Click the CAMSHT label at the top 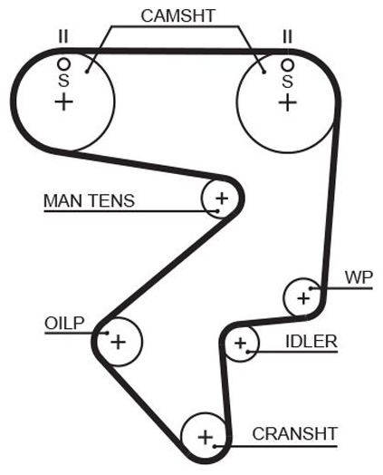tap(177, 15)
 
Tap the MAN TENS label tap(89, 200)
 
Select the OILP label tap(64, 324)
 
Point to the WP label tap(359, 277)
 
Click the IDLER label tap(311, 342)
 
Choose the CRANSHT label tap(294, 434)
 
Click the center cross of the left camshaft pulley tap(63, 102)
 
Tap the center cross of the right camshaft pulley tap(287, 102)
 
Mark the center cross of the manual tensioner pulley tap(222, 199)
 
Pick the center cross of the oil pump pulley tap(118, 342)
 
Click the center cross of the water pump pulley tap(303, 299)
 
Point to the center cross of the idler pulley tap(241, 344)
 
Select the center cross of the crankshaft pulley tap(206, 438)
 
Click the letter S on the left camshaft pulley tap(63, 81)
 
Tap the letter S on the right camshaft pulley tap(287, 82)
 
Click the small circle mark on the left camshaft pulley tap(63, 64)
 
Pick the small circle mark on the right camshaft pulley tap(287, 64)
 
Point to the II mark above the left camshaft tap(63, 36)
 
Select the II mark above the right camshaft tap(287, 36)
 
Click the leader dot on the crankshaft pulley tap(215, 446)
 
